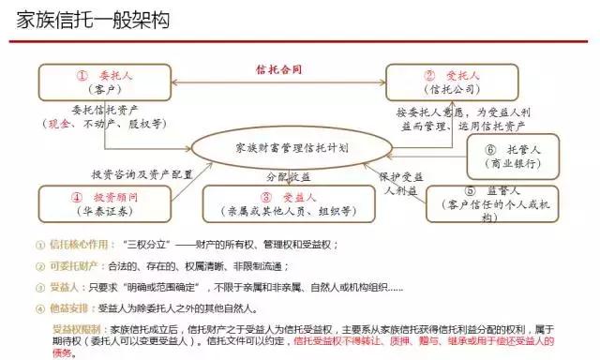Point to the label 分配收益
[287, 176]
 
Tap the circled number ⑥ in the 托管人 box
[491, 149]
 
